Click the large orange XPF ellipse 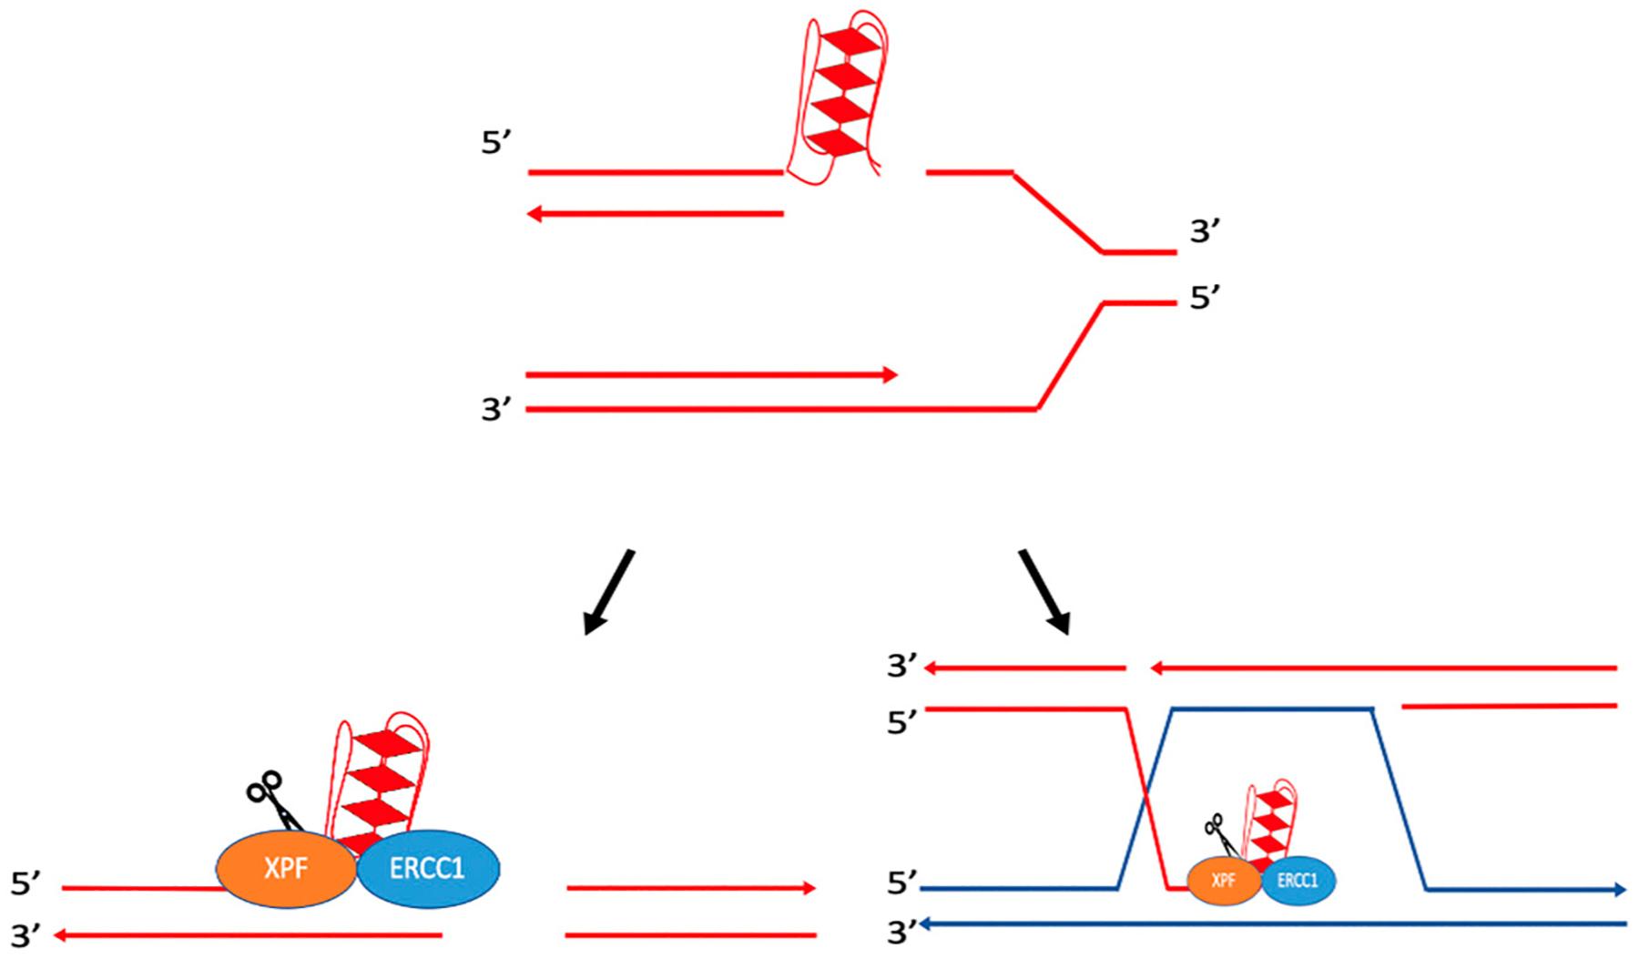286,867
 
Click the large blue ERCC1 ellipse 428,867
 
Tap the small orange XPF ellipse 1224,882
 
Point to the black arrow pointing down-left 608,592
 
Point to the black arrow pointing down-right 1044,592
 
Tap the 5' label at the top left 496,144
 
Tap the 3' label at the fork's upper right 1205,233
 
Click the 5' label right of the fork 1205,298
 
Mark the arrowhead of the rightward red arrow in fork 891,375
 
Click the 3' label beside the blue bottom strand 902,933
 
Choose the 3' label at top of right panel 902,668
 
